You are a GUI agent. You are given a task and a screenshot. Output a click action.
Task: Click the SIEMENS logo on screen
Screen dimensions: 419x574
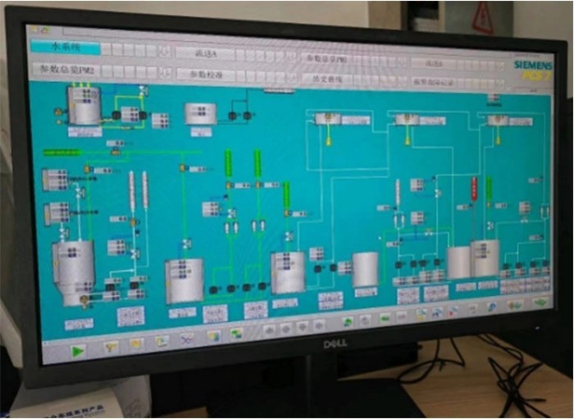tap(529, 64)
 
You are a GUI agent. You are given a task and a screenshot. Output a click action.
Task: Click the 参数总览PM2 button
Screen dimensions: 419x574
tap(67, 71)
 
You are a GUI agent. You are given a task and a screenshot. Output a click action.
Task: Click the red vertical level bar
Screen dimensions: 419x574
tap(474, 189)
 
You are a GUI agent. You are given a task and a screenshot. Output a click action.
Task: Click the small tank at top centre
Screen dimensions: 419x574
tap(199, 113)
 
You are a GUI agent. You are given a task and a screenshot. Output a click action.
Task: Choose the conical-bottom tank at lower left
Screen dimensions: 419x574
tap(72, 267)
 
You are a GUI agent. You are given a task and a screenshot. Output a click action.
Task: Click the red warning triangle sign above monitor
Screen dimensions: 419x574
tap(483, 17)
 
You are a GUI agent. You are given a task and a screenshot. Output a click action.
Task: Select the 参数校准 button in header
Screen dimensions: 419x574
tap(204, 75)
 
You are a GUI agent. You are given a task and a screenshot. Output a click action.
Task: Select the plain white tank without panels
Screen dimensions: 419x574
tap(365, 270)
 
